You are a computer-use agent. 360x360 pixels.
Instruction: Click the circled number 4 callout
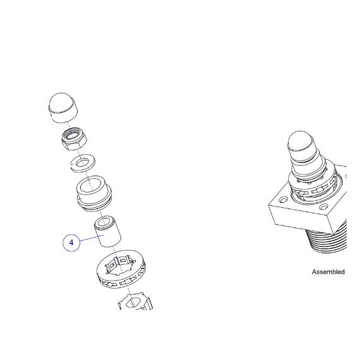(71, 243)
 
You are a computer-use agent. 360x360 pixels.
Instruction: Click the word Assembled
(328, 272)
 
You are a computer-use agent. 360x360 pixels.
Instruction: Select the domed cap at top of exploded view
(63, 108)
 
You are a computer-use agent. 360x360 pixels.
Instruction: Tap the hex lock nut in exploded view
(74, 139)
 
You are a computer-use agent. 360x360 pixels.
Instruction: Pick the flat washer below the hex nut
(83, 163)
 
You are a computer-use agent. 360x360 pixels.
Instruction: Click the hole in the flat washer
(83, 162)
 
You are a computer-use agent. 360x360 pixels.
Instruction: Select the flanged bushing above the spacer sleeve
(94, 193)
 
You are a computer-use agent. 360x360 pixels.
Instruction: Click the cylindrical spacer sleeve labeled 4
(107, 231)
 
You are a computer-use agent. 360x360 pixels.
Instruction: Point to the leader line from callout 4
(92, 238)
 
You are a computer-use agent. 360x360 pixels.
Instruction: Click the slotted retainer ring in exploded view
(122, 269)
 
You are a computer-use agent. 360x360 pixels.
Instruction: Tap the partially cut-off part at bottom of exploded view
(135, 301)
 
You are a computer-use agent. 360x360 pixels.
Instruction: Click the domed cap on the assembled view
(301, 144)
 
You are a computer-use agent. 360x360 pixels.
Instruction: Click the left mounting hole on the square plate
(283, 200)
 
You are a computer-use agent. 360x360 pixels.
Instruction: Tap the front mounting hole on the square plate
(323, 207)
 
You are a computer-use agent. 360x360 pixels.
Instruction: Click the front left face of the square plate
(301, 218)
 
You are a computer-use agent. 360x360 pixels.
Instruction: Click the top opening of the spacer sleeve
(105, 222)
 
